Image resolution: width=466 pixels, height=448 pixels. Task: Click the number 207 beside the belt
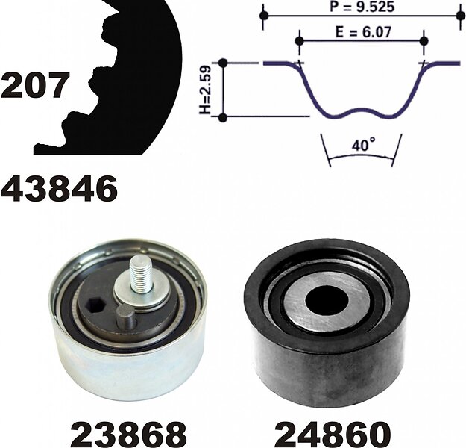tap(34, 85)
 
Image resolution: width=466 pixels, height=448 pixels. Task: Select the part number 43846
tap(60, 188)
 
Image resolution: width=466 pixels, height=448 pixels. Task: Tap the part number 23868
tap(128, 433)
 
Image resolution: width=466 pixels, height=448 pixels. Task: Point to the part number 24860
tap(333, 433)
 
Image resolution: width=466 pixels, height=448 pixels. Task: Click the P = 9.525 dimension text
tap(362, 7)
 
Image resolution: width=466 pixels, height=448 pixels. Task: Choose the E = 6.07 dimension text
tap(363, 32)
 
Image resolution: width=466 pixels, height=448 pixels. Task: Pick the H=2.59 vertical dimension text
tap(205, 90)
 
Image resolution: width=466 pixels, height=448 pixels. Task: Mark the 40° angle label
tap(363, 145)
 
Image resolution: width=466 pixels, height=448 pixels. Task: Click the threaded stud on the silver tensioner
tap(141, 273)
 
